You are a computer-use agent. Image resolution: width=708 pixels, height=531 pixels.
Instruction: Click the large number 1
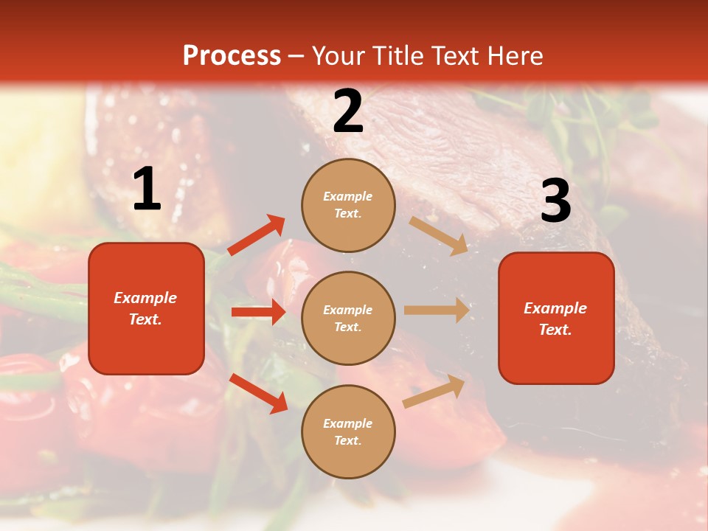pyautogui.click(x=147, y=190)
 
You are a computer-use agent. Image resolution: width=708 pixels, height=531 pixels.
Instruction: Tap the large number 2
pyautogui.click(x=348, y=112)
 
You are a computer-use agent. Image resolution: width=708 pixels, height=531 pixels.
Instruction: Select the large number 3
pyautogui.click(x=555, y=201)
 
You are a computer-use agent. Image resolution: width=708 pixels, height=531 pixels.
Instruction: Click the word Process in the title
pyautogui.click(x=232, y=55)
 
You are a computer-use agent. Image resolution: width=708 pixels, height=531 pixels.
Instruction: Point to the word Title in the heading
pyautogui.click(x=397, y=55)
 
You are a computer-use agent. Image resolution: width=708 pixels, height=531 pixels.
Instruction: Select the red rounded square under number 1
pyautogui.click(x=146, y=308)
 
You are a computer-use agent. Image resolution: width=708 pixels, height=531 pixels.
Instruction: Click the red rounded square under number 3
pyautogui.click(x=556, y=319)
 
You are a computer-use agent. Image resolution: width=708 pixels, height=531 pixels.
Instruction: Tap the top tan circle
pyautogui.click(x=348, y=205)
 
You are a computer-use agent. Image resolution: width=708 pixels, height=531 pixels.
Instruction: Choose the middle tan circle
pyautogui.click(x=348, y=318)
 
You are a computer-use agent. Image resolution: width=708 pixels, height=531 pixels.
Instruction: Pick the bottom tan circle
pyautogui.click(x=348, y=431)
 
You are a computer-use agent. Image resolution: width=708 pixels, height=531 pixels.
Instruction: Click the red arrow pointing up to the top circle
pyautogui.click(x=257, y=235)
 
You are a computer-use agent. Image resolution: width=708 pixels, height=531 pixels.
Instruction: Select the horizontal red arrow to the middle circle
pyautogui.click(x=258, y=312)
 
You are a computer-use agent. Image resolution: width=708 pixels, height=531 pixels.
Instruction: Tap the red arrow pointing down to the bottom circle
pyautogui.click(x=259, y=393)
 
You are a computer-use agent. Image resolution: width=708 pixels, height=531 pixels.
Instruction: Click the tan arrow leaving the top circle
pyautogui.click(x=439, y=235)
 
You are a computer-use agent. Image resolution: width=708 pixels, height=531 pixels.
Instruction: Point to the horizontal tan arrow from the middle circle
pyautogui.click(x=437, y=310)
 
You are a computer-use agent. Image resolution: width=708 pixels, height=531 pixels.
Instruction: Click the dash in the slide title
pyautogui.click(x=296, y=56)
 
